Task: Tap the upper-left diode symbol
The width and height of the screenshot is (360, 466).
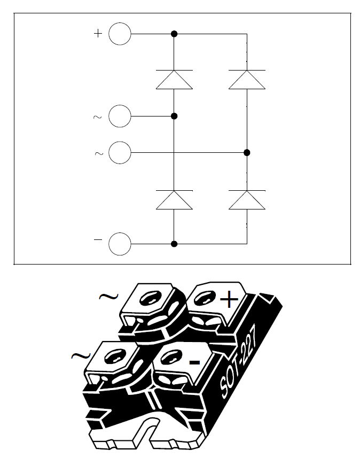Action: (x=174, y=80)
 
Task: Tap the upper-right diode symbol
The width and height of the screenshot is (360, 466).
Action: (x=247, y=80)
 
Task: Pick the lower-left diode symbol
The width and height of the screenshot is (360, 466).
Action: (x=174, y=200)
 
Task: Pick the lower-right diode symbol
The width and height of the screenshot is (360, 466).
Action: (x=247, y=200)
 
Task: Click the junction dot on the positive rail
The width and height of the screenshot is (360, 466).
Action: (x=174, y=34)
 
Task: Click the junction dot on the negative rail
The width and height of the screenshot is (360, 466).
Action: (x=174, y=244)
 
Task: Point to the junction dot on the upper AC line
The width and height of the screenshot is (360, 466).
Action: (x=174, y=116)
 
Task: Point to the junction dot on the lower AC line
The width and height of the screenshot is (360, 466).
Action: (x=247, y=153)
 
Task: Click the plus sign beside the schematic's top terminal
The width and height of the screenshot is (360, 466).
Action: (x=98, y=33)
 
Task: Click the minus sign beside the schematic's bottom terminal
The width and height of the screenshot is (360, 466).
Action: (x=98, y=239)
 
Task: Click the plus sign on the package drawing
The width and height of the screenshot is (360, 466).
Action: (x=229, y=299)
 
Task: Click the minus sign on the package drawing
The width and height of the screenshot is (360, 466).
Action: (x=194, y=362)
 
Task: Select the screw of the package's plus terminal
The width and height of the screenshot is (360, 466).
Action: (x=205, y=298)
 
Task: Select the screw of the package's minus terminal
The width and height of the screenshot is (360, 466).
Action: (x=171, y=356)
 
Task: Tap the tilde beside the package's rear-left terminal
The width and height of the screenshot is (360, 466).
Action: (x=109, y=296)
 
